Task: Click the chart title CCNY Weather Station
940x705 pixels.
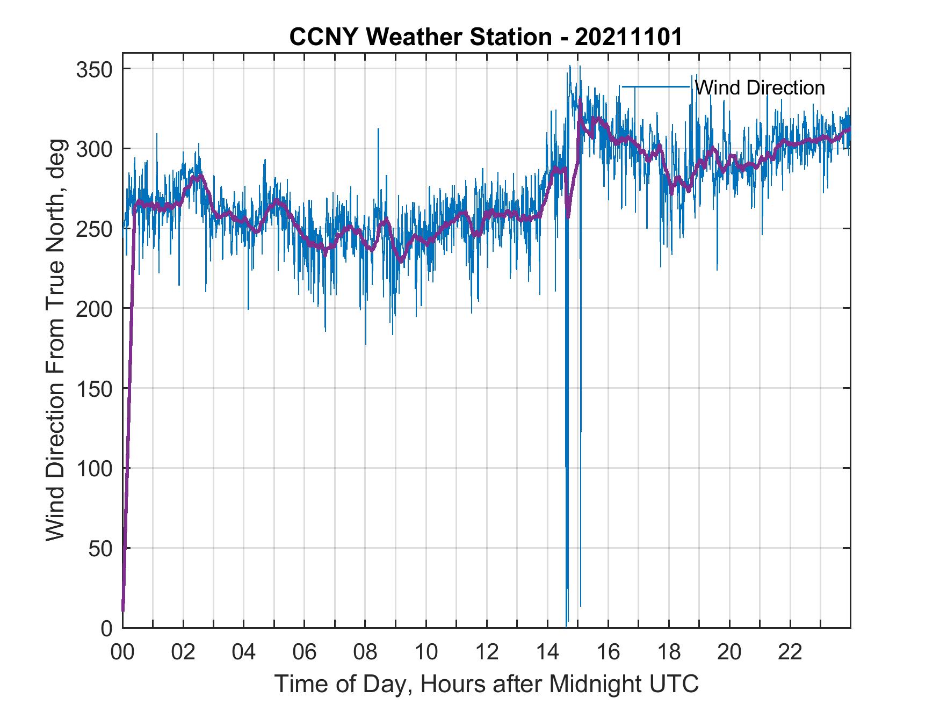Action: click(420, 37)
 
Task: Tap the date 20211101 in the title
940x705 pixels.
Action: click(628, 37)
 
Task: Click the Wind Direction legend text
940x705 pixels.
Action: click(760, 88)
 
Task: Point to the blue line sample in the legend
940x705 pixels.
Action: click(655, 87)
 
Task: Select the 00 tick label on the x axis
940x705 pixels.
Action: click(122, 653)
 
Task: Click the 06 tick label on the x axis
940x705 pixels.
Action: click(305, 653)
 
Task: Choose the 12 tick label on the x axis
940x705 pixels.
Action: click(487, 653)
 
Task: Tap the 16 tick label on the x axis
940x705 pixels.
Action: click(608, 653)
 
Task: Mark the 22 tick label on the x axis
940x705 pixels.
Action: click(790, 653)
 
